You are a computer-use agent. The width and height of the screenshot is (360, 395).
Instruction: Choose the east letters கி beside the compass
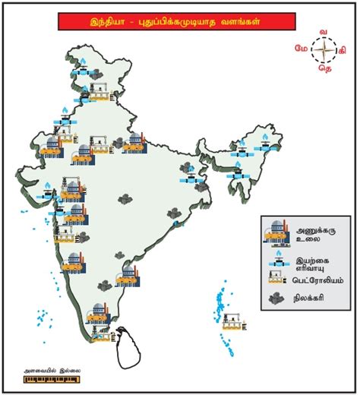click(343, 49)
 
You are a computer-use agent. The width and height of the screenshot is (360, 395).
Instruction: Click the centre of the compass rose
click(324, 49)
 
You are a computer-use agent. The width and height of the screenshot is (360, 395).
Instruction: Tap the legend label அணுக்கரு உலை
click(313, 231)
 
